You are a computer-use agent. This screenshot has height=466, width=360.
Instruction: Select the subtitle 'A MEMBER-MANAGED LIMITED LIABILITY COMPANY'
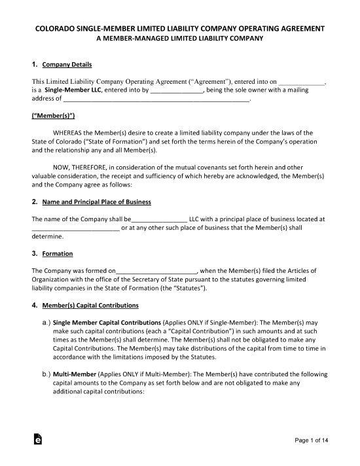coord(179,39)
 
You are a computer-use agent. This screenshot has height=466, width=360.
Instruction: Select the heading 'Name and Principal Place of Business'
coord(96,202)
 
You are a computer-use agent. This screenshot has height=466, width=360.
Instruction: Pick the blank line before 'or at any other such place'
coord(75,228)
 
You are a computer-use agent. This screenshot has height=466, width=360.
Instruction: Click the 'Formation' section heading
coord(57,253)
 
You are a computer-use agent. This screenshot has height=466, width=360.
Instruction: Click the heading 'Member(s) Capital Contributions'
coord(90,305)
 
